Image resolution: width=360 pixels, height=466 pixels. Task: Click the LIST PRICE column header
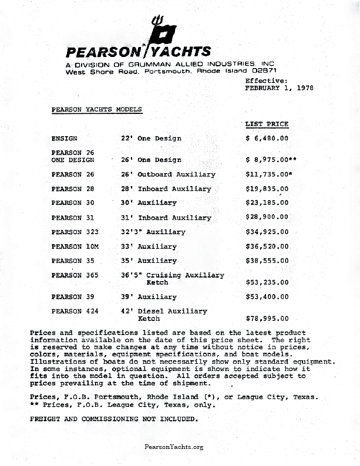pyautogui.click(x=267, y=124)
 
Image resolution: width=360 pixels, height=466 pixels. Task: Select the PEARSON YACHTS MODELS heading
pyautogui.click(x=96, y=109)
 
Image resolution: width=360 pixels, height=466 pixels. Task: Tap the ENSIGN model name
pyautogui.click(x=65, y=139)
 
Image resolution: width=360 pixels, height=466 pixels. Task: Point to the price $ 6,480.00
pyautogui.click(x=267, y=139)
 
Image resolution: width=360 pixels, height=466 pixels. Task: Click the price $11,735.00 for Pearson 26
pyautogui.click(x=267, y=174)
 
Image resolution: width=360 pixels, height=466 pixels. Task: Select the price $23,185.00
pyautogui.click(x=267, y=203)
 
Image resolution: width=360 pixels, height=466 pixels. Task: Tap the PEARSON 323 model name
pyautogui.click(x=75, y=232)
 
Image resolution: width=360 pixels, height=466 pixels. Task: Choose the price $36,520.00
pyautogui.click(x=267, y=246)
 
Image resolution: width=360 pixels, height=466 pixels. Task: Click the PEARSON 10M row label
pyautogui.click(x=75, y=246)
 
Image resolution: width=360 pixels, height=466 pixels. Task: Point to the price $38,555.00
pyautogui.click(x=267, y=261)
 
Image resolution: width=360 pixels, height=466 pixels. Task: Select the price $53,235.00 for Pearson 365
pyautogui.click(x=267, y=282)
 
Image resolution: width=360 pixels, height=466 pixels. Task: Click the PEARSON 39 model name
pyautogui.click(x=73, y=297)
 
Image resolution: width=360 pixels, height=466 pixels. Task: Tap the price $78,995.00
pyautogui.click(x=267, y=319)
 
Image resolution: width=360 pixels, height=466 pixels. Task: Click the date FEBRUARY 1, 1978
pyautogui.click(x=279, y=87)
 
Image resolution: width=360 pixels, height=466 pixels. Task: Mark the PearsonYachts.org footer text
pyautogui.click(x=174, y=447)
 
